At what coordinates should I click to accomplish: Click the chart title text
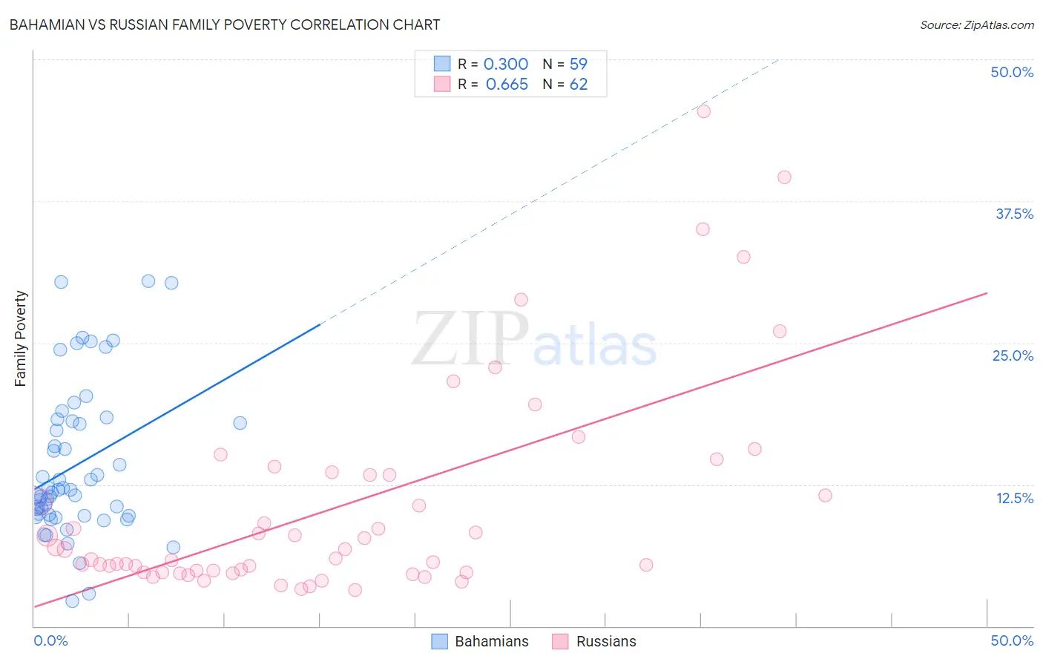coord(225,24)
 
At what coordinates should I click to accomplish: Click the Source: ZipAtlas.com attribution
coord(976,24)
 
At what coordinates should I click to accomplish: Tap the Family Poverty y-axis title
coord(21,338)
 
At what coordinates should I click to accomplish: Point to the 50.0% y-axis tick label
coord(1012,72)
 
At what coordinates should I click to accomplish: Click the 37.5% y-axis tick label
coord(1014,214)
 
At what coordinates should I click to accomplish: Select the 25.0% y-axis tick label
coord(1013,355)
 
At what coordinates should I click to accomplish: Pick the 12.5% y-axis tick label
coord(1014,498)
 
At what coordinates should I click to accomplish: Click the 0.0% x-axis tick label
coord(50,640)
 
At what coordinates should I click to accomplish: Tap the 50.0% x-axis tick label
coord(1012,640)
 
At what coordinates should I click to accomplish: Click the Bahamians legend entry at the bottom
coord(481,641)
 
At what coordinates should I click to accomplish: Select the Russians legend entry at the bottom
coord(594,641)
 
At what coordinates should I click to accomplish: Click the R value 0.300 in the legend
coord(506,65)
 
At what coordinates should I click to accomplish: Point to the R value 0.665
coord(507,85)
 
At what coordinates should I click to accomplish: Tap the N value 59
coord(578,65)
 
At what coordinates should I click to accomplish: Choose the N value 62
coord(578,85)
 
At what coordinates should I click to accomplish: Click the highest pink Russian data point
coord(704,111)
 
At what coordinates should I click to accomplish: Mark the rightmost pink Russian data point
coord(825,495)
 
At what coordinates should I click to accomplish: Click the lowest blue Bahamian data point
coord(72,601)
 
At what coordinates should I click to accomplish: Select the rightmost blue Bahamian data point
coord(240,423)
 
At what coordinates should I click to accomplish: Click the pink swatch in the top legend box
coord(442,84)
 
